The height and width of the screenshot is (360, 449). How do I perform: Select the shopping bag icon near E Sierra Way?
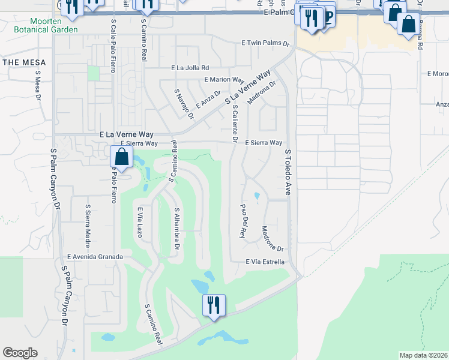click(x=122, y=158)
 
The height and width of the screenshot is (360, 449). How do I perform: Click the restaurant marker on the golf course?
click(x=214, y=305)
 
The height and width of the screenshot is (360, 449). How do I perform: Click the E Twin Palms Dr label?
click(x=265, y=44)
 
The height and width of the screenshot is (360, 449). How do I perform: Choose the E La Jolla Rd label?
click(x=190, y=68)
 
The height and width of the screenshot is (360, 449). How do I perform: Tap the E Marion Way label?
click(x=224, y=80)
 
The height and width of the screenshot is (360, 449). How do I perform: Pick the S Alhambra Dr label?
click(x=177, y=230)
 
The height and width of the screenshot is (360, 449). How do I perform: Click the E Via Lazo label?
click(x=140, y=222)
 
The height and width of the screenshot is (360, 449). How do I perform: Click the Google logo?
click(x=20, y=352)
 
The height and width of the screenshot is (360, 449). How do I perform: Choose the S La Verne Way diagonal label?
click(x=248, y=88)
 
